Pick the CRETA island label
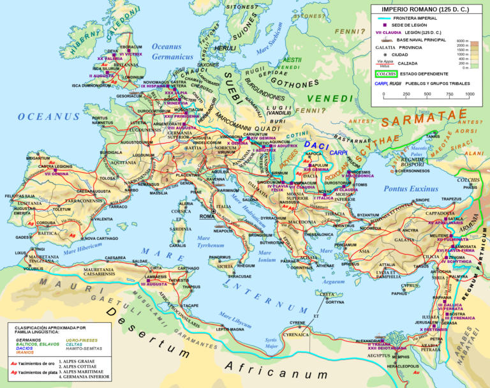click(x=328, y=294)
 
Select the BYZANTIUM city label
click(x=368, y=215)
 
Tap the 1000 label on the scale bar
click(x=470, y=94)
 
